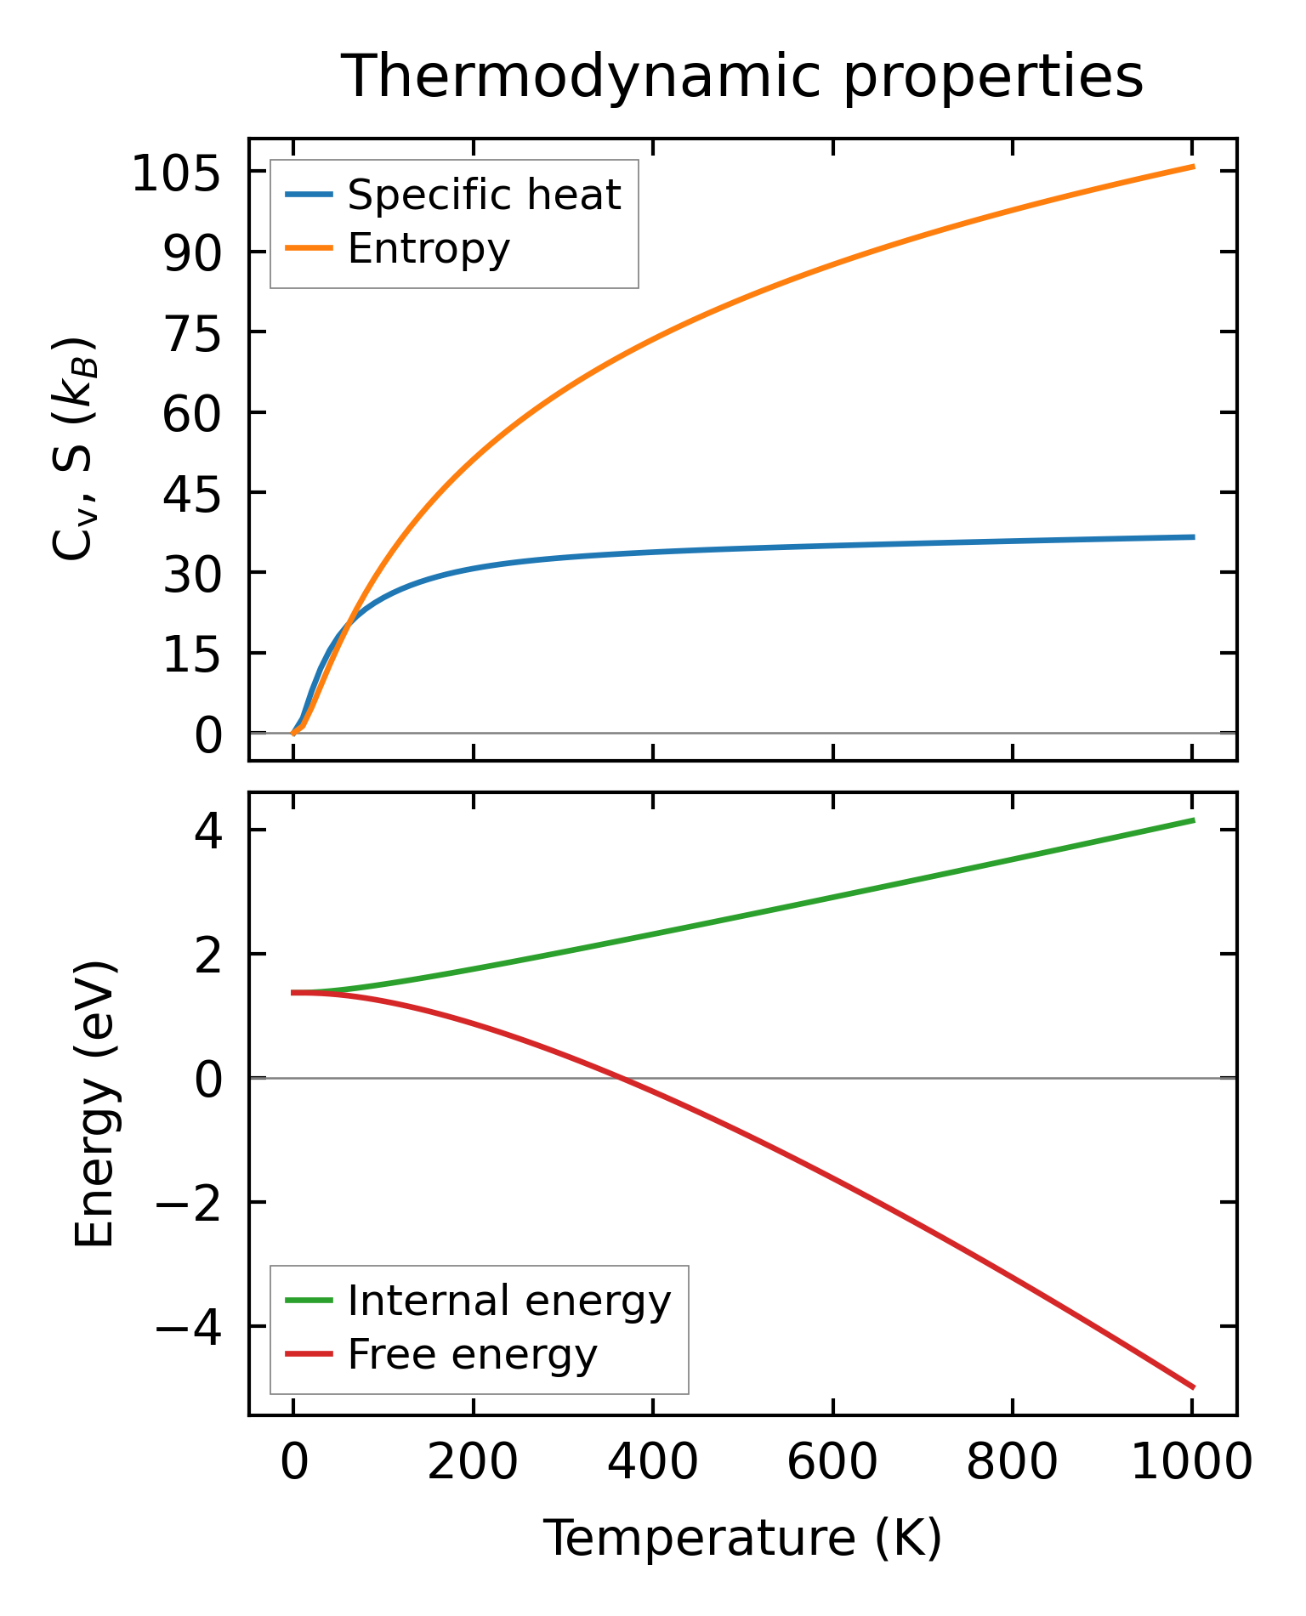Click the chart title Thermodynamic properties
(x=741, y=77)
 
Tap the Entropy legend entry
(x=429, y=249)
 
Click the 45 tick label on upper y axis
(x=192, y=494)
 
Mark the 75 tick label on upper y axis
(x=192, y=334)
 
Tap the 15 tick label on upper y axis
(x=192, y=655)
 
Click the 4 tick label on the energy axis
(x=208, y=831)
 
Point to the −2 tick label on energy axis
(x=189, y=1204)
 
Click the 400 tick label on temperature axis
(x=652, y=1464)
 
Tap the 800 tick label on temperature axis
(x=1012, y=1464)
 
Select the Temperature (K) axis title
(x=742, y=1539)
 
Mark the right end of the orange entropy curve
(x=1194, y=167)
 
